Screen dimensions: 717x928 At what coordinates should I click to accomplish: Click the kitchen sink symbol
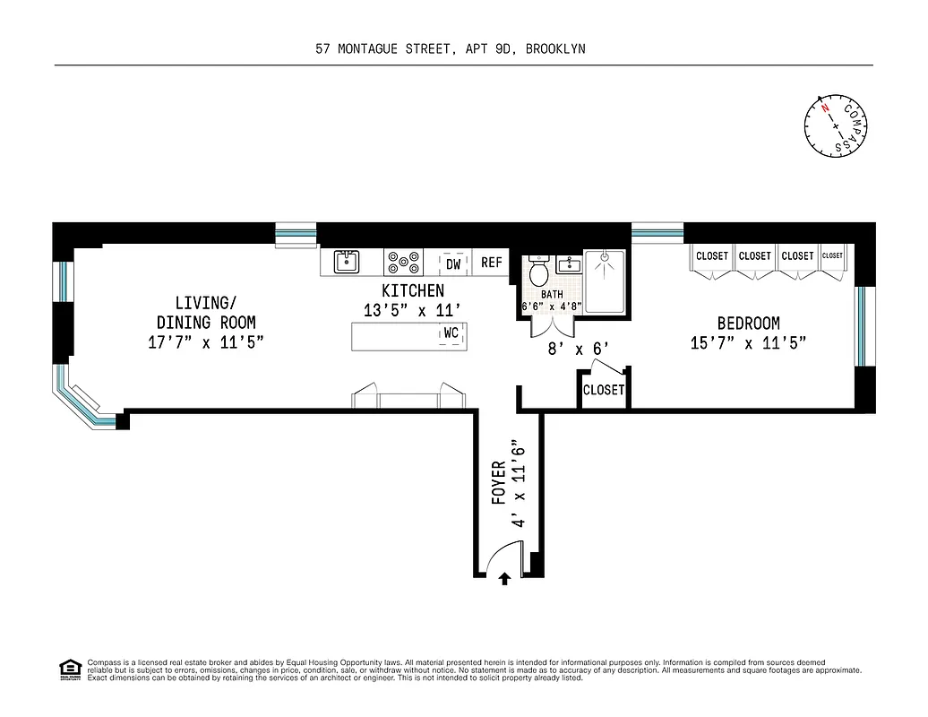347,262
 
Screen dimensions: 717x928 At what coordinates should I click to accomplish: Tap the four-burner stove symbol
403,263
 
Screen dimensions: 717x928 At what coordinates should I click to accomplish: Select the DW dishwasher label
453,263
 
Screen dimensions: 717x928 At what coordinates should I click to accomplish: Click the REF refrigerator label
492,263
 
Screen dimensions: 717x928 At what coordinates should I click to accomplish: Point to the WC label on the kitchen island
451,333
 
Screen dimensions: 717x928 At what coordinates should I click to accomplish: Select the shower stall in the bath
606,281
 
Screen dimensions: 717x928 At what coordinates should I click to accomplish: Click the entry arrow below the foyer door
504,579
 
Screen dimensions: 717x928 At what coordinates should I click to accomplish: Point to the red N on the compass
824,109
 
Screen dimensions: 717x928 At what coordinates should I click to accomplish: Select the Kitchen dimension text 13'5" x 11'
412,309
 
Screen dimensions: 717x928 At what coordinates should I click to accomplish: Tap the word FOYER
499,483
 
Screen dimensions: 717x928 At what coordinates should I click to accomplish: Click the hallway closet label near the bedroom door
604,391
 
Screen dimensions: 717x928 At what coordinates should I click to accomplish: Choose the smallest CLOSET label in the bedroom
832,255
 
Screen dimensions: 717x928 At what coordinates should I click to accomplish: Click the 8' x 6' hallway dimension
579,349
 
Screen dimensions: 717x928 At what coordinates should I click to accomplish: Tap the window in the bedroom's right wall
861,326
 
